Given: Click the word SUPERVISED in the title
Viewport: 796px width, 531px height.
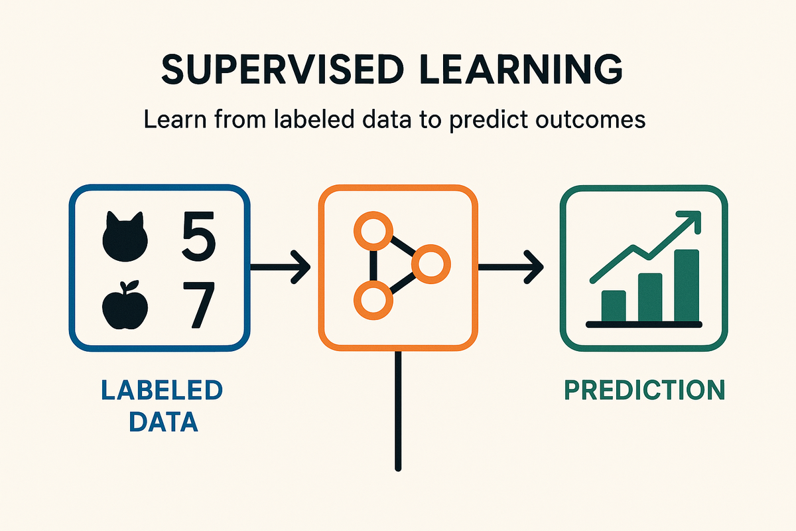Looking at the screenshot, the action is click(283, 69).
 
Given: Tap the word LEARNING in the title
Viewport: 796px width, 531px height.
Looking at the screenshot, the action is click(521, 69).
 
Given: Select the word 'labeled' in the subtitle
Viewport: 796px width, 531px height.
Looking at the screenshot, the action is click(314, 119).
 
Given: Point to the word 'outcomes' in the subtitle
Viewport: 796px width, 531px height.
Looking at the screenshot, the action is click(590, 120).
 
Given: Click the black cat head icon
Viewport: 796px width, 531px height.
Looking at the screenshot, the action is click(125, 236).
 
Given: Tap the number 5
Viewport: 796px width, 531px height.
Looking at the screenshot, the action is click(198, 236).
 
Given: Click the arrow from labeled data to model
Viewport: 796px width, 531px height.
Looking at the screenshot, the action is click(281, 267).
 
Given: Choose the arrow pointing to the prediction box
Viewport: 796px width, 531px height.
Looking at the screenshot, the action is click(511, 267).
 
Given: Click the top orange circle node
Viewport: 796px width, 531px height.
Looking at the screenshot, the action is click(373, 231).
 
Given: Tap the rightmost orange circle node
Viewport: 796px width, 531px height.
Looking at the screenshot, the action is click(431, 264).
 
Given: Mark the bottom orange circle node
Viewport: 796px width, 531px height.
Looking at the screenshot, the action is click(373, 300).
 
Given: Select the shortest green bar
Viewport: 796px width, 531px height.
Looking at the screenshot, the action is click(614, 306).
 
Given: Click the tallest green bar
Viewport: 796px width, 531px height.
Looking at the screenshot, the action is click(687, 285).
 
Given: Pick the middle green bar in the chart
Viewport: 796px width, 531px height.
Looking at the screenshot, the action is click(650, 297).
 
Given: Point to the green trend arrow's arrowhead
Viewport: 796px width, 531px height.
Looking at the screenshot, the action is click(689, 221).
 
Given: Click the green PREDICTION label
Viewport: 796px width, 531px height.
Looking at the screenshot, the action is click(645, 390).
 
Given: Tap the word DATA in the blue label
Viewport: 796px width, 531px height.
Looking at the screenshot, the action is click(163, 421).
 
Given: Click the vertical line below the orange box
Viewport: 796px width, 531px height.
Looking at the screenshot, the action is click(398, 411).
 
